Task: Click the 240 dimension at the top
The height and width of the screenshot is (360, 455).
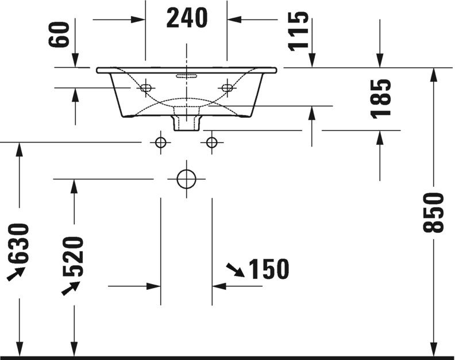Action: point(187,18)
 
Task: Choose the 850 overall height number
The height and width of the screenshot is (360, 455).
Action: point(434,213)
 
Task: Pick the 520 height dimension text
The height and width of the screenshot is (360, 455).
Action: point(74,257)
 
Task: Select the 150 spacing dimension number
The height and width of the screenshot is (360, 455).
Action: point(268,269)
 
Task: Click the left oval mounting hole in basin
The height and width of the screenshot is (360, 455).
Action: point(146,88)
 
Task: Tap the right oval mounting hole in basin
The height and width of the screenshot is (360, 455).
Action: point(227,88)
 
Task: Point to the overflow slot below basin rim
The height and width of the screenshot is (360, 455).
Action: point(187,75)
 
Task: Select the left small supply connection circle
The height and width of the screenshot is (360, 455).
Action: point(161,142)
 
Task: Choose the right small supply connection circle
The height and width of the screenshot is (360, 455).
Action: point(212,142)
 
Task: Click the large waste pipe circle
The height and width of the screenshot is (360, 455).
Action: point(186,179)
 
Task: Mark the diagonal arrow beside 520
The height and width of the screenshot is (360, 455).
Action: point(70,287)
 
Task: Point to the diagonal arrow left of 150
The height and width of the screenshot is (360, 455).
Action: point(234,269)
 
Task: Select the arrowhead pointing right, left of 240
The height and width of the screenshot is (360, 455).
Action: point(137,19)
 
